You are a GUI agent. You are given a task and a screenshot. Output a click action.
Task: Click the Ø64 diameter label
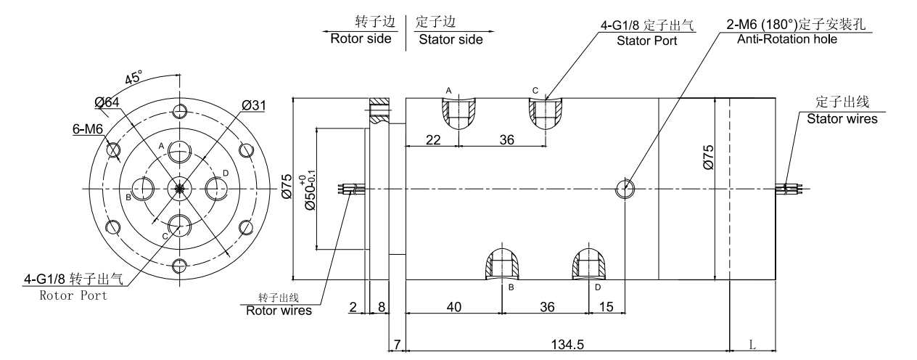point(107,102)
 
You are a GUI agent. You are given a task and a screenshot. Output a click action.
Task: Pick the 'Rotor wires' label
point(279,311)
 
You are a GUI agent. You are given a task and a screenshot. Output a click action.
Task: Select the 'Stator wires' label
point(842,118)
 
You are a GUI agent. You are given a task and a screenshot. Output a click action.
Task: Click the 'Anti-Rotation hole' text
point(786,39)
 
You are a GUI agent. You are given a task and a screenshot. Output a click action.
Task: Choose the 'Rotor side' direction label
point(360,39)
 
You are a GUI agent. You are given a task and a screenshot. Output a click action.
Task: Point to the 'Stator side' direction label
point(450,39)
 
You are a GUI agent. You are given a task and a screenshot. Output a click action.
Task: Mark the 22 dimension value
point(433,139)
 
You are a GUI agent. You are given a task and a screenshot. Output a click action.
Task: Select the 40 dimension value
point(453,308)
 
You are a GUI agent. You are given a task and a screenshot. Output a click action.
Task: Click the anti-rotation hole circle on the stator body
point(624,189)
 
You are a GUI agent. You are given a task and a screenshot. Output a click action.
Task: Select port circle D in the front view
point(216,189)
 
